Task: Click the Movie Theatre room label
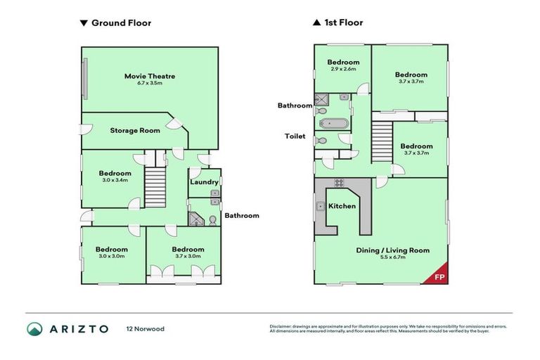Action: click(x=149, y=75)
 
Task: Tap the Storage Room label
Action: click(x=134, y=130)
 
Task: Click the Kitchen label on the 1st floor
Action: click(x=342, y=206)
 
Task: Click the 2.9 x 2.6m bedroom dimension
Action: click(x=342, y=70)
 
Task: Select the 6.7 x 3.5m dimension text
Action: click(x=150, y=83)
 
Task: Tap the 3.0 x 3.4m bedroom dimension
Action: click(x=115, y=181)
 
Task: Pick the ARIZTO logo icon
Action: click(x=35, y=328)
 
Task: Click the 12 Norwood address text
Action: click(x=145, y=329)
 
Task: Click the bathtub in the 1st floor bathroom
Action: click(x=333, y=124)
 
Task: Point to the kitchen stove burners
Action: click(x=338, y=184)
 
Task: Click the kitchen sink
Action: click(x=320, y=206)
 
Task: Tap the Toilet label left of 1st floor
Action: click(x=295, y=136)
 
